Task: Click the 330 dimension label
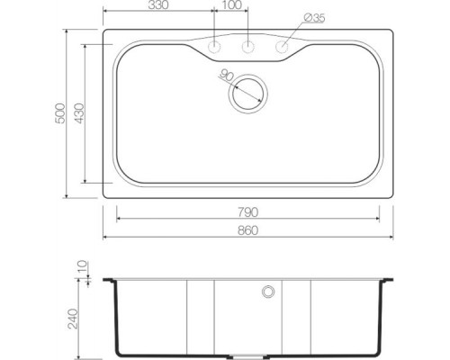click(158, 6)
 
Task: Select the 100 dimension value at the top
click(231, 6)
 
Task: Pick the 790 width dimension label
click(247, 212)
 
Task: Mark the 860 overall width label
click(247, 230)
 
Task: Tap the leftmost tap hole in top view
click(215, 46)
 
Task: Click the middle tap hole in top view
click(248, 46)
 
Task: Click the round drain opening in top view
click(247, 92)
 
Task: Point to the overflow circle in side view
click(266, 292)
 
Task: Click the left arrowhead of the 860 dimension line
click(105, 238)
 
